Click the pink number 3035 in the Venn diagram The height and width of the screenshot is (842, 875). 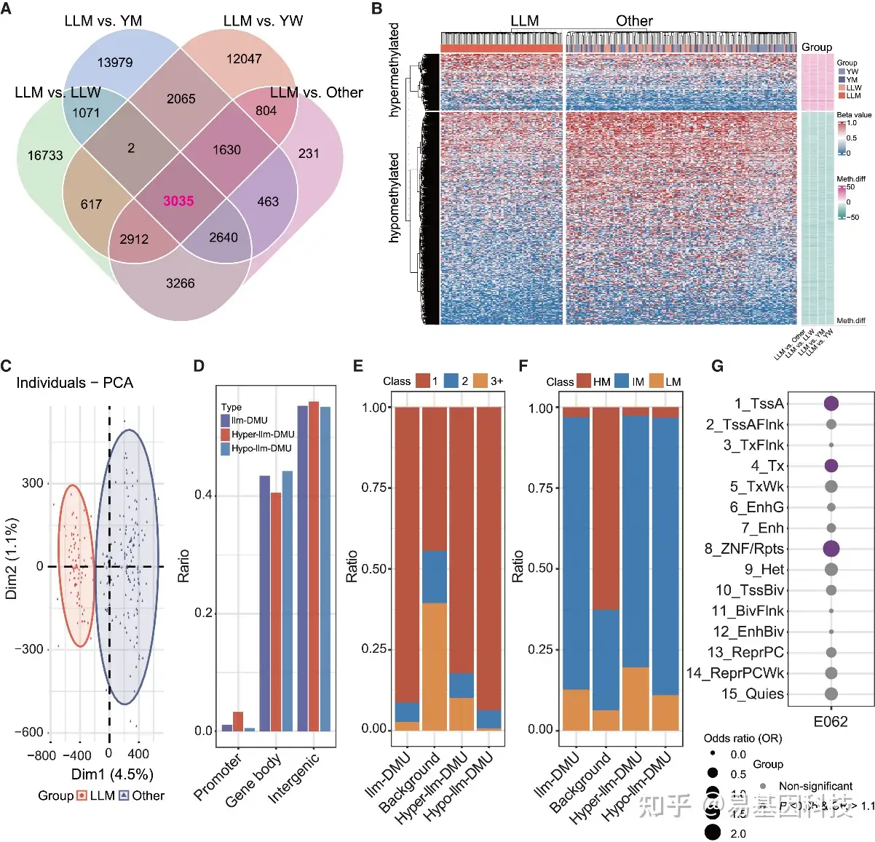[178, 201]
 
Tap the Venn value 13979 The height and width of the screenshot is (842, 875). [115, 63]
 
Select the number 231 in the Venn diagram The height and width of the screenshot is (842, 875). [309, 154]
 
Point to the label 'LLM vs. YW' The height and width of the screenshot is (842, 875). [263, 20]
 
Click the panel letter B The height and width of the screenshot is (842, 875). [377, 9]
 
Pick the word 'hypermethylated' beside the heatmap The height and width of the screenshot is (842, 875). [394, 70]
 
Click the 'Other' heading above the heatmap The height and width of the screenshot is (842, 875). [634, 20]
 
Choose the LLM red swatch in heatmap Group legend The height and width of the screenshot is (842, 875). [842, 95]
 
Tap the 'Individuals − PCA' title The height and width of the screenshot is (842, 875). [74, 383]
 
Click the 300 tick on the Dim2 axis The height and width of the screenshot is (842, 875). [32, 483]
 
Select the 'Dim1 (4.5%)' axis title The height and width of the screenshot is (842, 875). [112, 774]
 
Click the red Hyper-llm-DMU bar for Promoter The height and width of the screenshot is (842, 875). [238, 721]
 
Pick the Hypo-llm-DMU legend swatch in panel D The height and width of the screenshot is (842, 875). [226, 448]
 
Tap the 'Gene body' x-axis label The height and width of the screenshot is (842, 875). [253, 780]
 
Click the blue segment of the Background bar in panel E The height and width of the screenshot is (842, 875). [435, 576]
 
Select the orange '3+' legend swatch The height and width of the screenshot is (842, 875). [480, 381]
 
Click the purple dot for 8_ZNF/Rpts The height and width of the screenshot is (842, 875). [831, 549]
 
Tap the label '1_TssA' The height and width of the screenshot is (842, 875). [759, 404]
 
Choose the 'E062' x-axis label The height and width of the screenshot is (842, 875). [831, 722]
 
